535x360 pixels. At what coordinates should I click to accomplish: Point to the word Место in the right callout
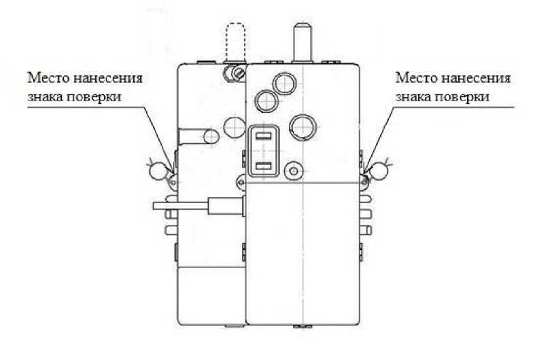point(414,77)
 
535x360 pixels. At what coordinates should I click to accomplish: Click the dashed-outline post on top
point(235,41)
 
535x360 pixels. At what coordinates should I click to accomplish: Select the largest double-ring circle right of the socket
point(301,125)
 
